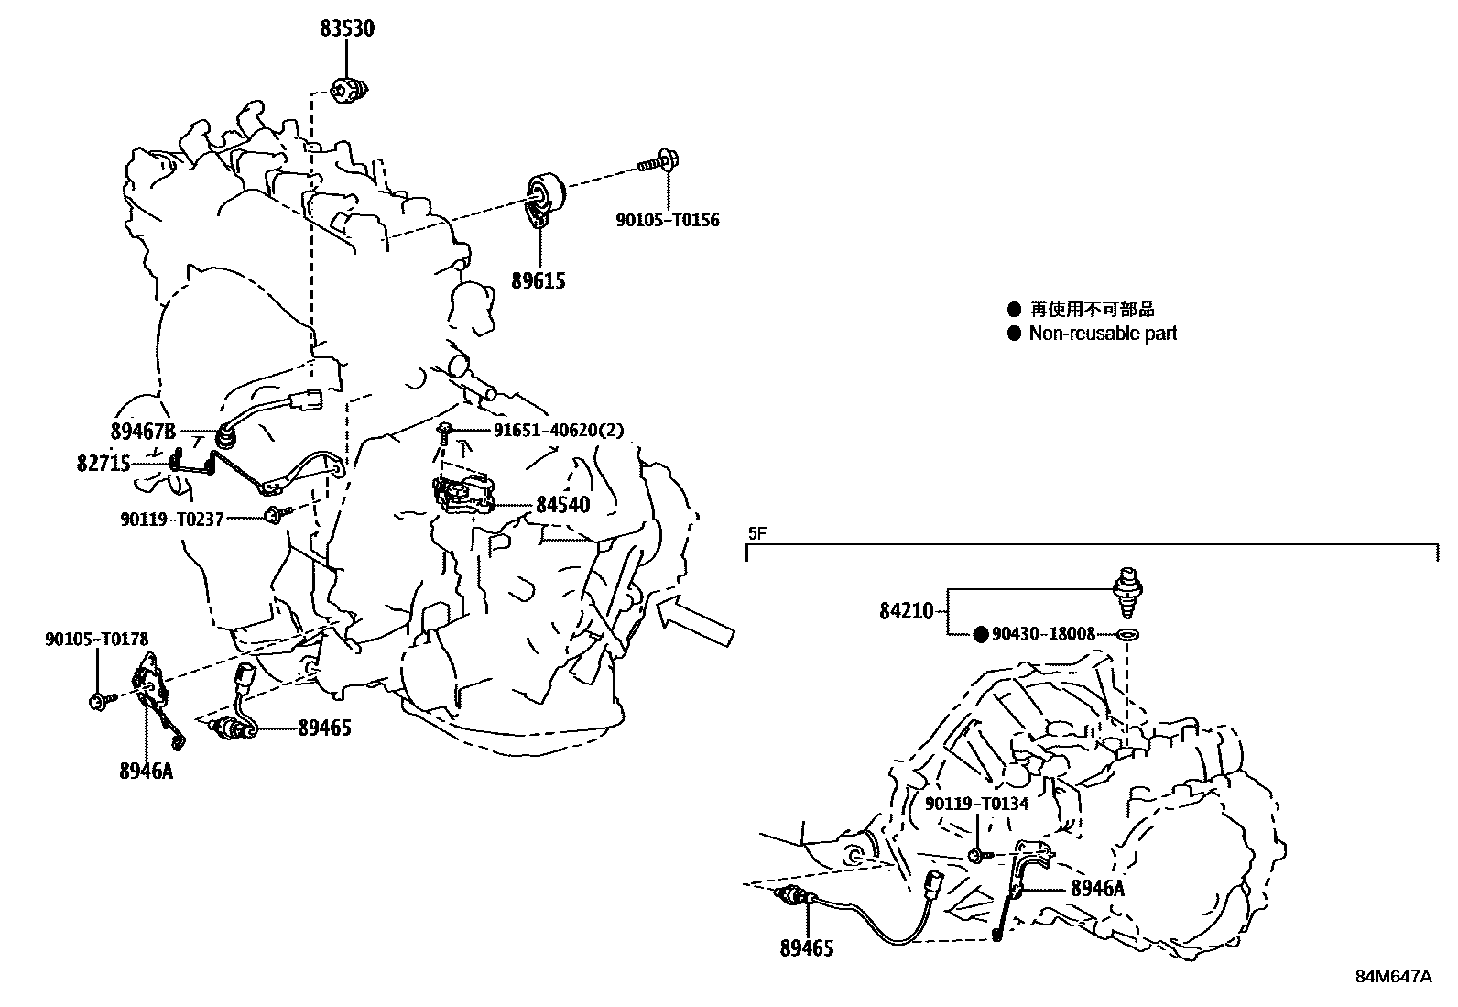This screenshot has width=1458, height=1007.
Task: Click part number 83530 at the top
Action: [347, 28]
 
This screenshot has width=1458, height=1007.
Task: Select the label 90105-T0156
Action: [668, 220]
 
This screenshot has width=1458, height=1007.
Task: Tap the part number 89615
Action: [538, 280]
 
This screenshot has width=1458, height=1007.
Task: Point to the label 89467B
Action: [141, 431]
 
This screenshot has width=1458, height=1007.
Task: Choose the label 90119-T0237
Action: [171, 519]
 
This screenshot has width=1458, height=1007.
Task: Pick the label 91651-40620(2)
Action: [558, 430]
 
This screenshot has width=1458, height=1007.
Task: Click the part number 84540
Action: [562, 504]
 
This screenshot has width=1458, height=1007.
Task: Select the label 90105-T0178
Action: [96, 639]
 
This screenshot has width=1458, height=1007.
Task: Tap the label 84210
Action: [906, 610]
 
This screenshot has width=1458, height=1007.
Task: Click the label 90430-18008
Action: [1043, 633]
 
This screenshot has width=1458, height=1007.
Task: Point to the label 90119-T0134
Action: [976, 804]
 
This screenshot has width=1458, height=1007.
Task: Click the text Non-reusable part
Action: [1103, 334]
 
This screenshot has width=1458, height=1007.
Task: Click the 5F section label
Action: [756, 533]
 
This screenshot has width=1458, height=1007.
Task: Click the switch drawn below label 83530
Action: [349, 89]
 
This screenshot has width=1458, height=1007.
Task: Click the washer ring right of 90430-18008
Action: [1129, 634]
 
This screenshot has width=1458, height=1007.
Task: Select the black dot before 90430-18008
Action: [980, 633]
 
